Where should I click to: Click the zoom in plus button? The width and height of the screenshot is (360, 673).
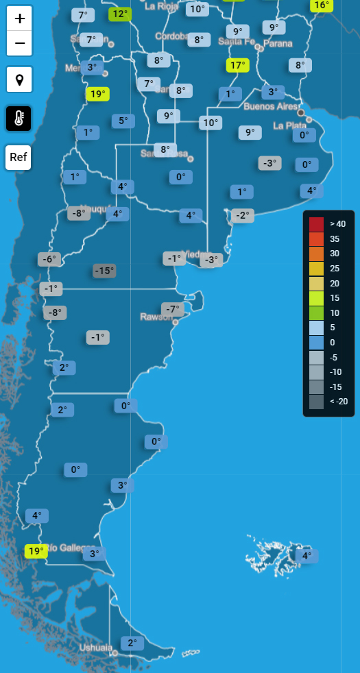point(19,18)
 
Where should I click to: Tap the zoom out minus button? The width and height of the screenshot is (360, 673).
point(19,44)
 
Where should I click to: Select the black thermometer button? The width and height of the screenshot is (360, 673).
point(19,119)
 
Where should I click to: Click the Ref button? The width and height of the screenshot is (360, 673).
point(19,158)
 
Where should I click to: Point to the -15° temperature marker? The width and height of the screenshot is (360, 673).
point(104,271)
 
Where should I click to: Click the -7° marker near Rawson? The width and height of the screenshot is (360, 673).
point(173,309)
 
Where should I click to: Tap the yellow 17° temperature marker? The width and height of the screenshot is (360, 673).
point(237,66)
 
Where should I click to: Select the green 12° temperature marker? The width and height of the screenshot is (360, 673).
point(120,14)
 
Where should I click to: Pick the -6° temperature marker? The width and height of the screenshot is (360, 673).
point(49,259)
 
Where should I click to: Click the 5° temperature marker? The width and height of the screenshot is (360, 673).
point(123,121)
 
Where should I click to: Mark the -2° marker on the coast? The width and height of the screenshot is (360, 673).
point(242,215)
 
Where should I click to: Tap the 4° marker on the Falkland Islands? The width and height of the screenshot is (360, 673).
point(307,556)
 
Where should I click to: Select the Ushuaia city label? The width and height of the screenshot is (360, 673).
point(95,648)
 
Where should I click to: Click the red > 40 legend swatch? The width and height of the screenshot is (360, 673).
point(316,223)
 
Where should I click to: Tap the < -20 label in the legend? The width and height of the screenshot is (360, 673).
point(337,402)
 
